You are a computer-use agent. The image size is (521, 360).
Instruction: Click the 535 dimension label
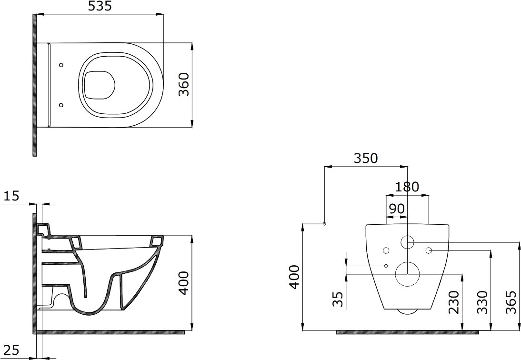pos(100,6)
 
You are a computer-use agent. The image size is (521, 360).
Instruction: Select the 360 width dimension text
pos(184,85)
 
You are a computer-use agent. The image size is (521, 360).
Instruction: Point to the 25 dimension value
pos(11,350)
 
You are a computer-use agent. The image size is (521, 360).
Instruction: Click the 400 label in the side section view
pos(184,283)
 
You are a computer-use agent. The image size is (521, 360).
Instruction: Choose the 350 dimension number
pos(366,159)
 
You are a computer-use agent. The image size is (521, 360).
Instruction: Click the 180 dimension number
pos(407,187)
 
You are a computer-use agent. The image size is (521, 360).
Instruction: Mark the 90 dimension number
pos(396,209)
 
